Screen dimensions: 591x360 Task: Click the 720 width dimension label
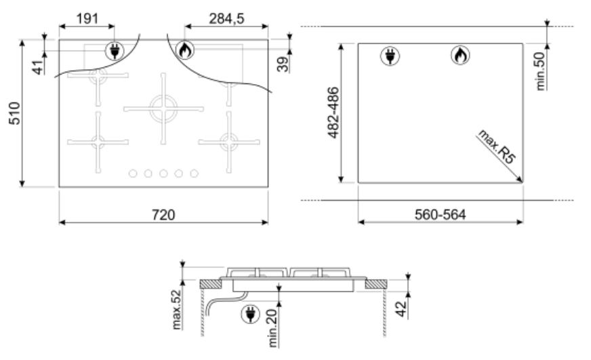click(x=163, y=215)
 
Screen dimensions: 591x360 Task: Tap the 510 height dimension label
click(x=15, y=113)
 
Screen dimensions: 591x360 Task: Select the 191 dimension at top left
click(x=87, y=18)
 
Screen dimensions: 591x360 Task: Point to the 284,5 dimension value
click(x=226, y=18)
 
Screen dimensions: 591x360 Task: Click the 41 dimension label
click(x=38, y=68)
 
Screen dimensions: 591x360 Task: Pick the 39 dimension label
click(x=283, y=64)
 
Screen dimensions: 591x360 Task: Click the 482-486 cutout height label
click(x=333, y=113)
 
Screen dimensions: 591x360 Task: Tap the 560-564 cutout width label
click(x=440, y=214)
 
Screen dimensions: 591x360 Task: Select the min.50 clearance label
click(x=540, y=71)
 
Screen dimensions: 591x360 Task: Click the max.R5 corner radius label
click(x=496, y=146)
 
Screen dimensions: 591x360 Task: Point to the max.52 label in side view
click(x=176, y=309)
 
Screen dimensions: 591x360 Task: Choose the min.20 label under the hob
click(x=272, y=328)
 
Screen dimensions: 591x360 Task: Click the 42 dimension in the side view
click(x=401, y=308)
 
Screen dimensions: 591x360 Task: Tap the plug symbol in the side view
click(x=250, y=314)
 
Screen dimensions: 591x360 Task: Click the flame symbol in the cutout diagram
click(x=460, y=56)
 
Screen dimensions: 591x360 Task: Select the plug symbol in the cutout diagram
click(x=390, y=56)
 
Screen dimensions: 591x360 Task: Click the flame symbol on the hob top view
click(x=185, y=49)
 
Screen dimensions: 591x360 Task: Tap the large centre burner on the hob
click(x=163, y=108)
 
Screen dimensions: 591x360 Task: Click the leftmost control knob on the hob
click(x=133, y=174)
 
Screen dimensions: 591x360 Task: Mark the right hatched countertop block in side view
click(x=375, y=284)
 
